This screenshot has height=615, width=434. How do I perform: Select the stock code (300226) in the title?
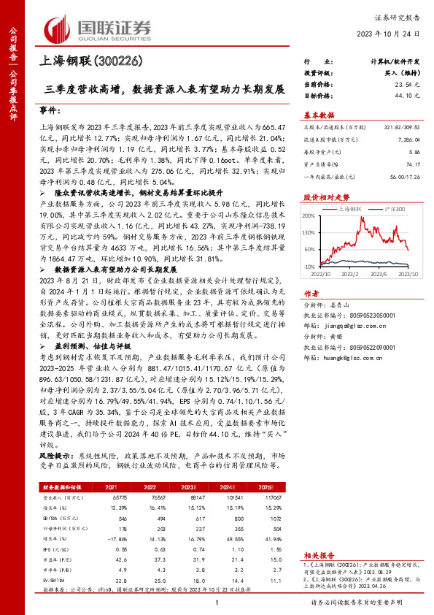point(120,62)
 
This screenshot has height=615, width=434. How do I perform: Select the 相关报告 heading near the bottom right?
point(318,535)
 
